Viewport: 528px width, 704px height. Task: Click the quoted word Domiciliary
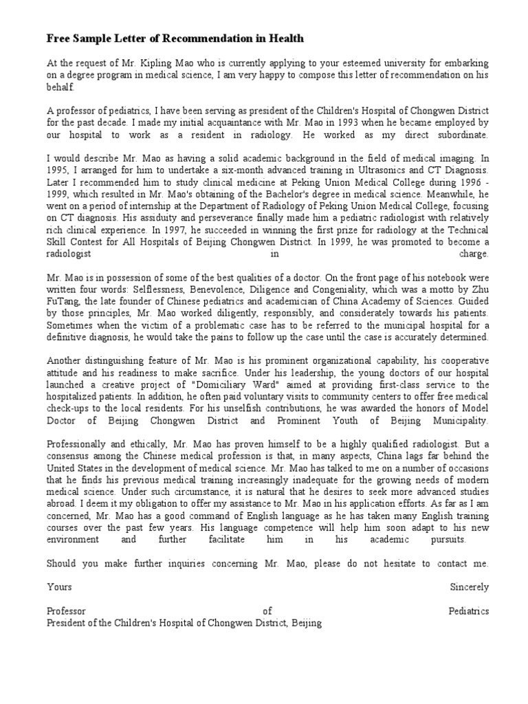click(256, 384)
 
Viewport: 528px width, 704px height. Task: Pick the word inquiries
click(199, 564)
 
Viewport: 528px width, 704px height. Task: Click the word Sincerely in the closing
click(470, 587)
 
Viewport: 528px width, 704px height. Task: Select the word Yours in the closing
click(59, 587)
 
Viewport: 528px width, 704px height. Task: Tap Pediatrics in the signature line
click(468, 610)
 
